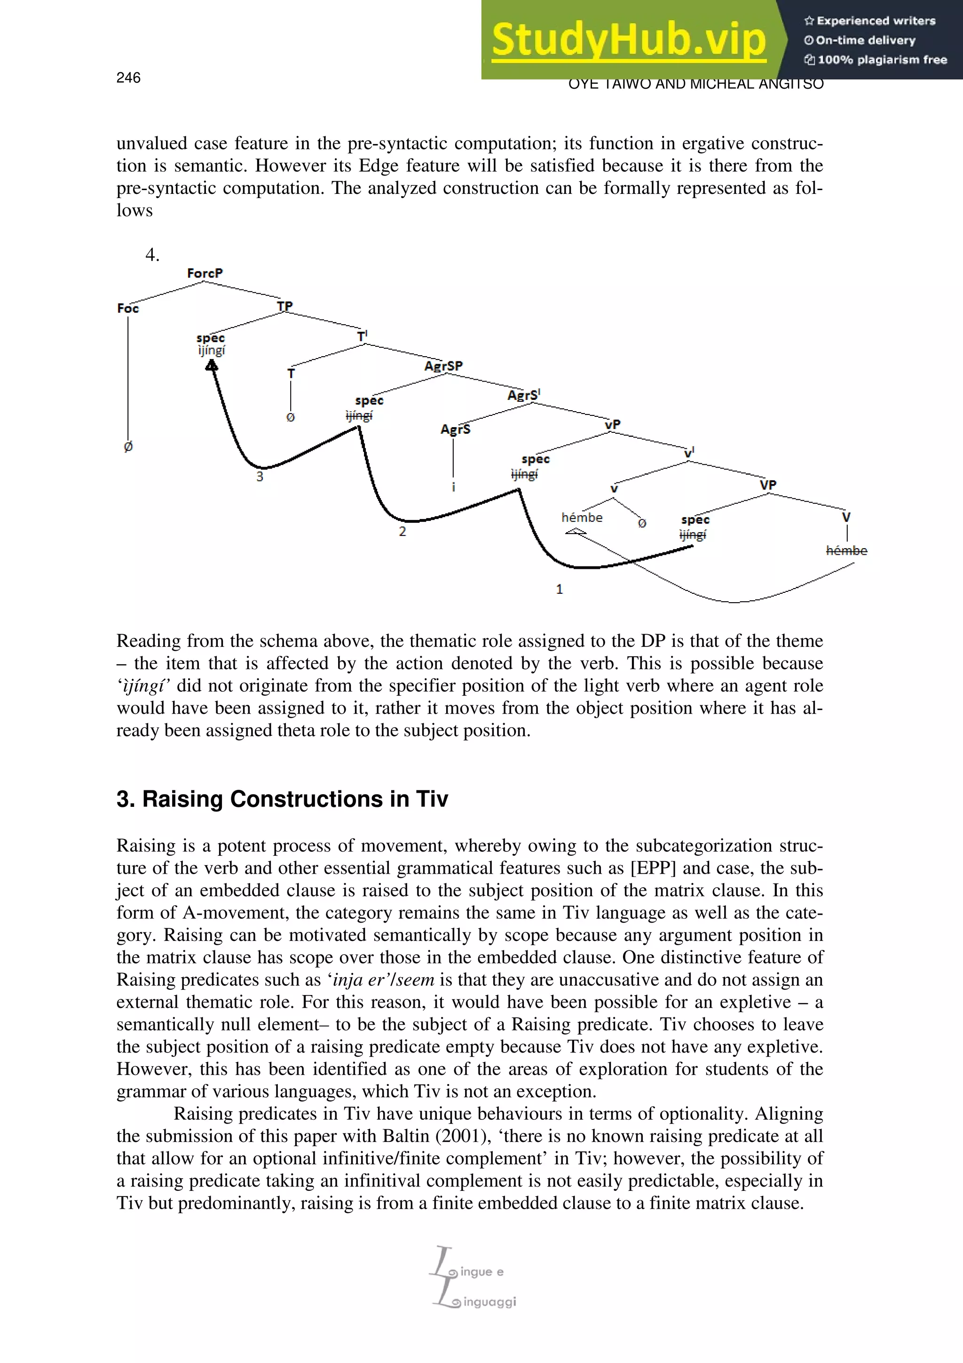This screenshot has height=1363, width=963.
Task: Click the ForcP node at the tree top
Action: [205, 273]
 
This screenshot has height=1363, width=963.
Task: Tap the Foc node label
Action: [127, 308]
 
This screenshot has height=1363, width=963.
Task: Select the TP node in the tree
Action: [285, 306]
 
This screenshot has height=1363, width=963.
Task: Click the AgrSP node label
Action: [443, 366]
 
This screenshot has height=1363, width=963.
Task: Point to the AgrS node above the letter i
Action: [455, 429]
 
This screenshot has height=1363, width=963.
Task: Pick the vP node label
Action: [612, 424]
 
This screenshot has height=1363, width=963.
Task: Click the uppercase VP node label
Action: [768, 485]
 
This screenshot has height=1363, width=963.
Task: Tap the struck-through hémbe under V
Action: [846, 550]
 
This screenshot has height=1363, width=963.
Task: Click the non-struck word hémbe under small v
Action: [582, 518]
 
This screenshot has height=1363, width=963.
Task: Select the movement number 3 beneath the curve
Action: [259, 477]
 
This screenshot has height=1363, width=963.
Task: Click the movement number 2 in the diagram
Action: [403, 531]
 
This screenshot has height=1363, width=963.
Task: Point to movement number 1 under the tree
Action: [559, 589]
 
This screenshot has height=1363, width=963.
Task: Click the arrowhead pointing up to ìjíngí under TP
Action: [211, 366]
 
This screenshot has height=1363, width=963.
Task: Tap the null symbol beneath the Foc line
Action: [128, 446]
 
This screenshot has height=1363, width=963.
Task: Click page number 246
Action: [128, 78]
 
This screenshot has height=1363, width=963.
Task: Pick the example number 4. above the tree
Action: [152, 255]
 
